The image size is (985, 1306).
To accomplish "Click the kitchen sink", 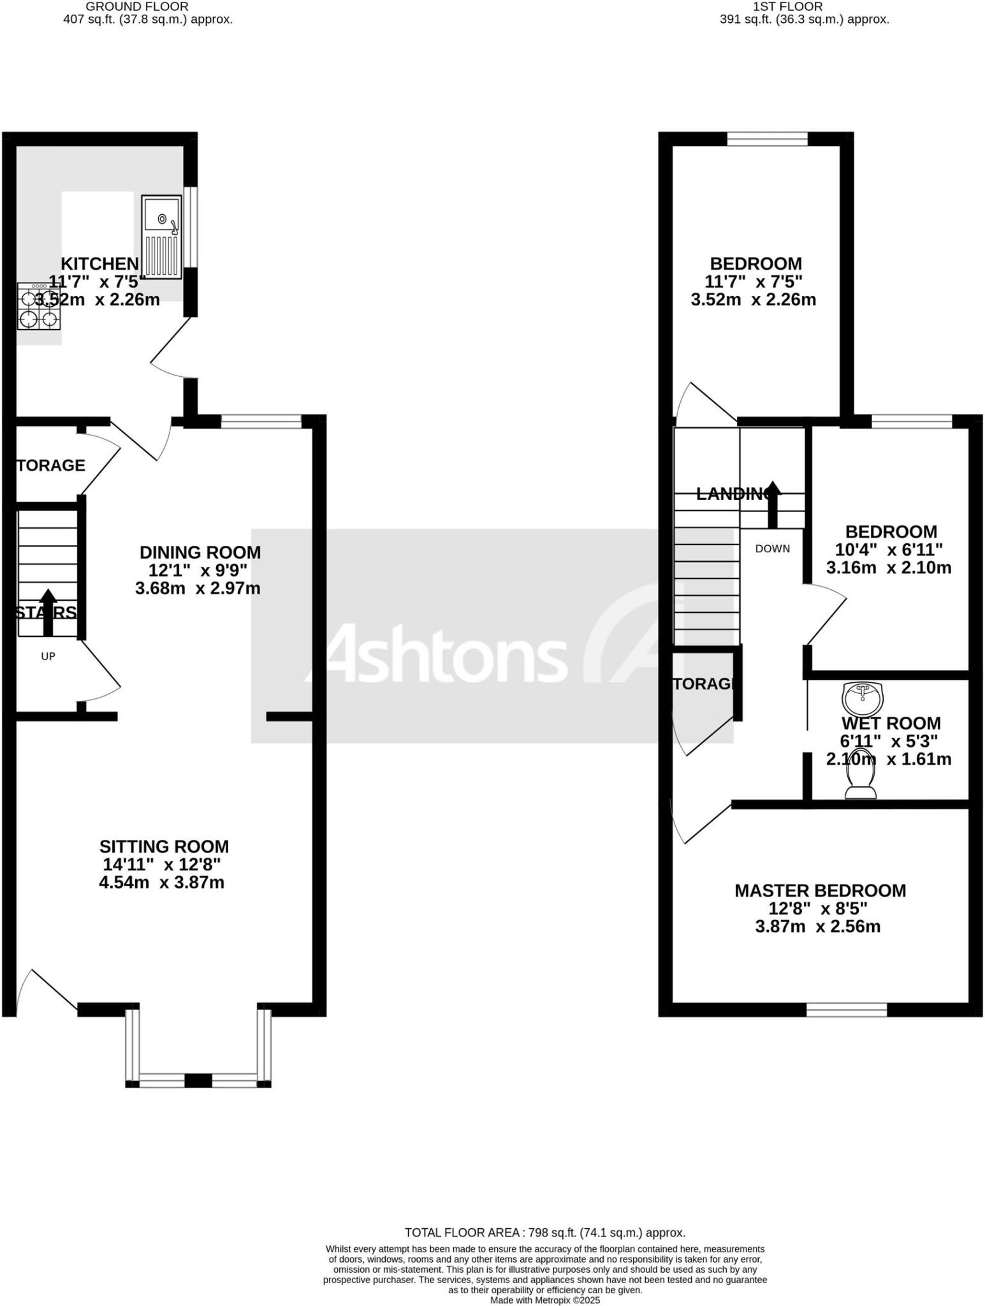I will tap(162, 237).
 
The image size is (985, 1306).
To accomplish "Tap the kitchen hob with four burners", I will tap(39, 307).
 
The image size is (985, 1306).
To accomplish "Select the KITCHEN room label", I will tap(99, 263).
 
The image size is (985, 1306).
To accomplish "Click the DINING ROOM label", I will tap(200, 552).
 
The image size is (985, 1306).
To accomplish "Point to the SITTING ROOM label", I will tap(164, 846).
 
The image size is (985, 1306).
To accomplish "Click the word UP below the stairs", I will tap(48, 656).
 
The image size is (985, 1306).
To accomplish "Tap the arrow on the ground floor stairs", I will tap(48, 612).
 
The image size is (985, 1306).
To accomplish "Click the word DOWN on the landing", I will tap(773, 548).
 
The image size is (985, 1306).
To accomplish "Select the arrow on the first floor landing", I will tap(773, 504).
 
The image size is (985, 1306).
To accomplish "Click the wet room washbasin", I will tap(863, 698).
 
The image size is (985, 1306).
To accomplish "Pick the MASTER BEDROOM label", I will tap(820, 890).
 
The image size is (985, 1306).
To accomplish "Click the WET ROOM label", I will tap(891, 723).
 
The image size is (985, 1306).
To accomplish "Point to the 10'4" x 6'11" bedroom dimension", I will tap(889, 549).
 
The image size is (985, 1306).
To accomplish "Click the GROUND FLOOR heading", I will tap(137, 6).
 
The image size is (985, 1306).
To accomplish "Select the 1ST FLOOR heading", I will tap(787, 6).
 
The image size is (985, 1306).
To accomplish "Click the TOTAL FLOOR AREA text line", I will tap(545, 1232).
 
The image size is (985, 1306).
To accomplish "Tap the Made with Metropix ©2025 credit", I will tap(545, 1300).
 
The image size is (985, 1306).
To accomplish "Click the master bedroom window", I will tap(846, 1009).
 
